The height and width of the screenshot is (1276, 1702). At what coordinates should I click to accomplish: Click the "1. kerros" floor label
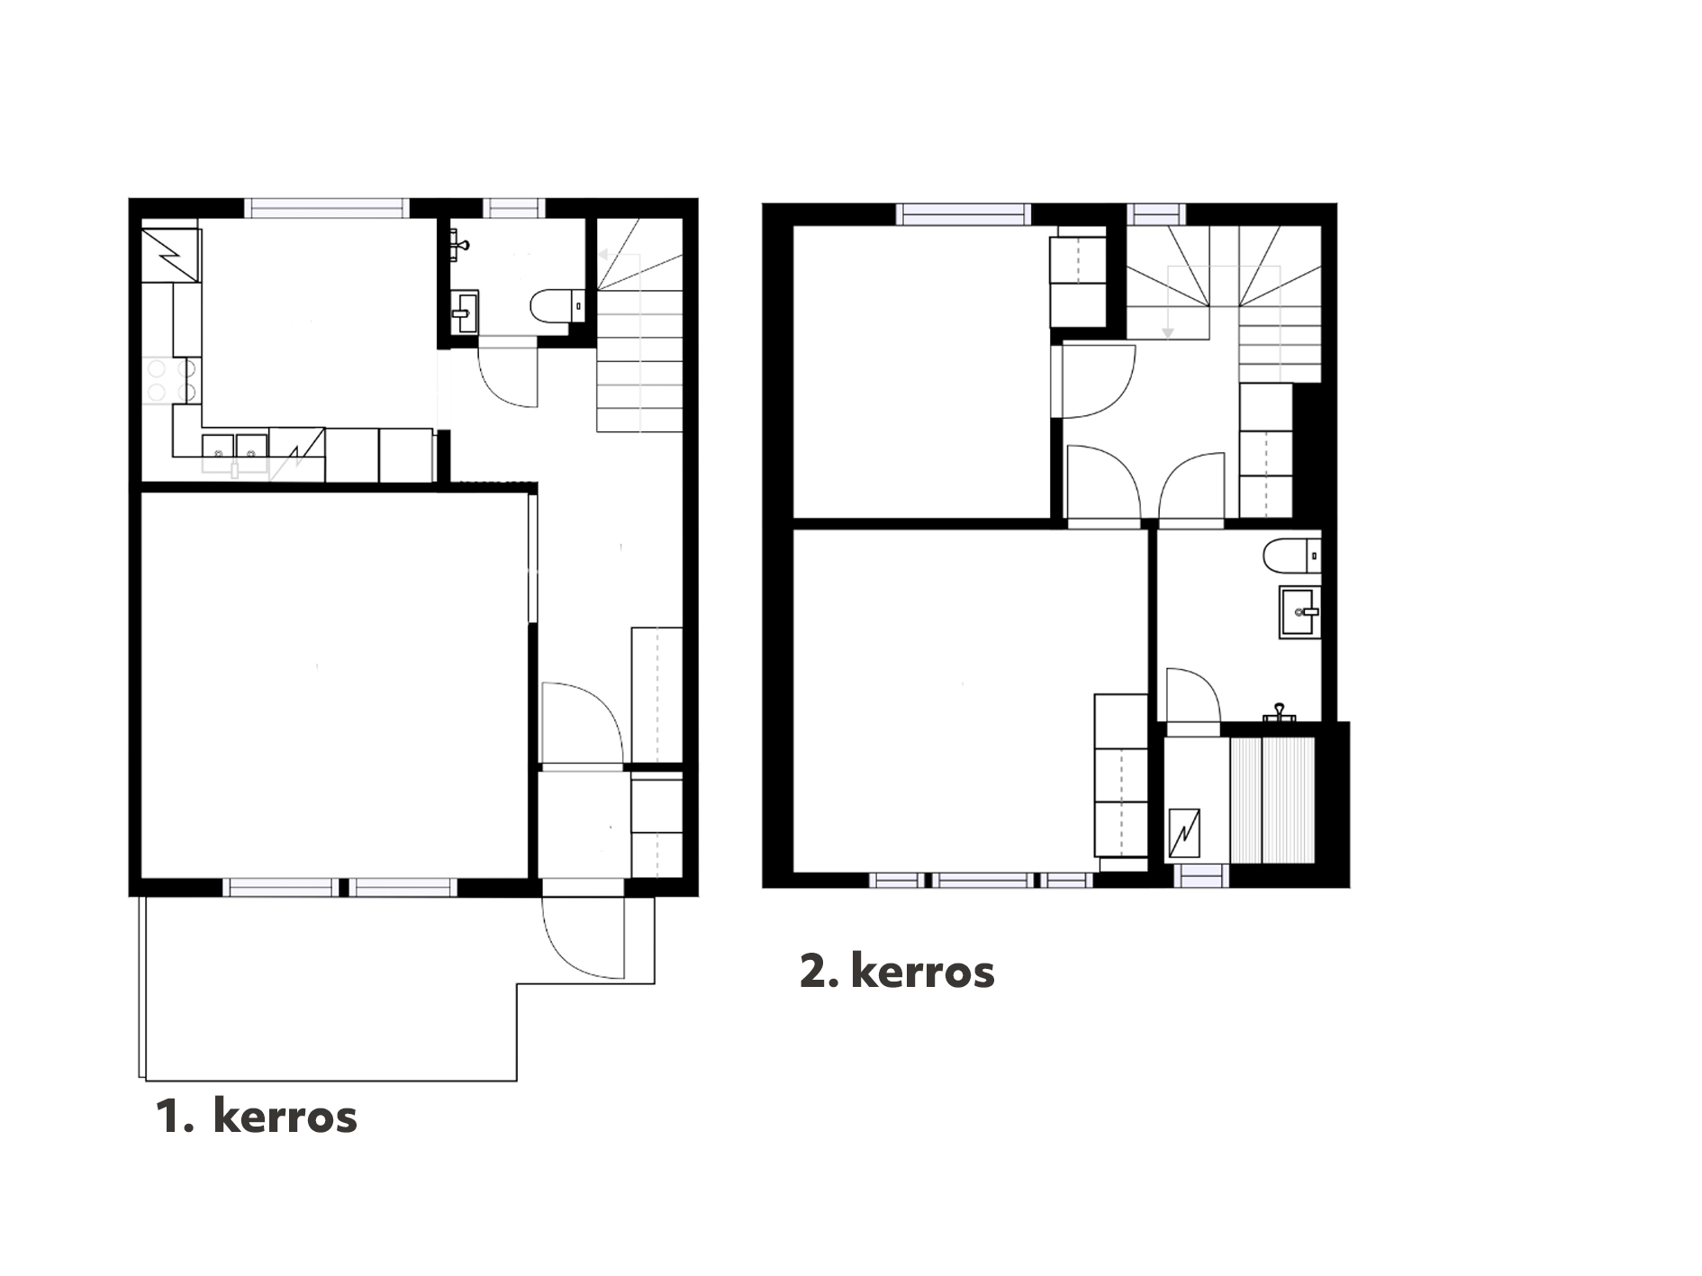coord(257,1117)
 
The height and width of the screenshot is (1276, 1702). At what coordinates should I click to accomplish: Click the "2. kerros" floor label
coord(897,972)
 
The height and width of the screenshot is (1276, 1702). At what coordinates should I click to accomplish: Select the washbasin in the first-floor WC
coord(465,312)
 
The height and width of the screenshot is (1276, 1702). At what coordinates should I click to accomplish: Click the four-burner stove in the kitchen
coord(171,380)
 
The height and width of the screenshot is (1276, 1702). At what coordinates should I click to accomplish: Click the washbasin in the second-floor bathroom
coord(1299,612)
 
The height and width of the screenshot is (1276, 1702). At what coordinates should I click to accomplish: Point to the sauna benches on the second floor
coord(1273,801)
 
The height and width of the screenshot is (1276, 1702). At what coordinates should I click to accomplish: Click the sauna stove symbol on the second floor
coord(1183,833)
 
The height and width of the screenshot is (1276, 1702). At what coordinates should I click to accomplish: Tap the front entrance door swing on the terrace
coord(583,937)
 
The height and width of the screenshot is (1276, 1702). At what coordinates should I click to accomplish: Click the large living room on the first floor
coord(334,684)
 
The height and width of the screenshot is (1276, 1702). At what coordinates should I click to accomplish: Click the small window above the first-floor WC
coord(514,208)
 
